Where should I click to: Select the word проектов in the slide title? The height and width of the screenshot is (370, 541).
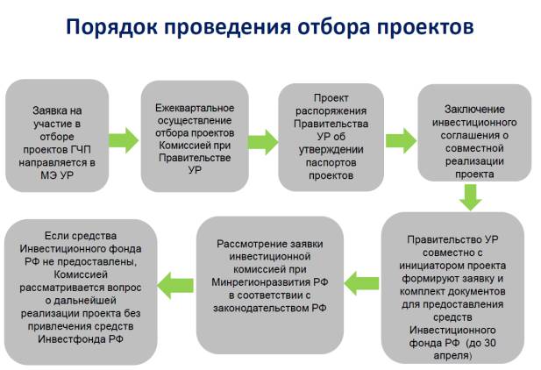pyautogui.click(x=425, y=27)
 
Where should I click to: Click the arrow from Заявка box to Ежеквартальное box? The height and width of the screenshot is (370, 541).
pyautogui.click(x=124, y=140)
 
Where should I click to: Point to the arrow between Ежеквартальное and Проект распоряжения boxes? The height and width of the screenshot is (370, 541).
pyautogui.click(x=263, y=142)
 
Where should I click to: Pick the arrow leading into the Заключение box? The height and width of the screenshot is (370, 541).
pyautogui.click(x=401, y=140)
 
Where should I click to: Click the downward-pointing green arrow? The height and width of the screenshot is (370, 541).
pyautogui.click(x=471, y=197)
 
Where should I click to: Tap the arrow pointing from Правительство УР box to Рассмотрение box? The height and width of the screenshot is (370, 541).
pyautogui.click(x=361, y=283)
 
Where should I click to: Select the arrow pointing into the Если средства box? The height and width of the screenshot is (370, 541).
pyautogui.click(x=175, y=286)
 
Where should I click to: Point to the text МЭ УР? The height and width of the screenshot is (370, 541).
pyautogui.click(x=57, y=175)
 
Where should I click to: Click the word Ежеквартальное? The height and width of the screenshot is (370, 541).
pyautogui.click(x=195, y=108)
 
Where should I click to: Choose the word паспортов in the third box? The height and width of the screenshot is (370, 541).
pyautogui.click(x=331, y=162)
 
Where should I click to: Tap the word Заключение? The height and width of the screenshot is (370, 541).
pyautogui.click(x=474, y=110)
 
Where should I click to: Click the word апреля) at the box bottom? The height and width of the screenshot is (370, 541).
pyautogui.click(x=452, y=355)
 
